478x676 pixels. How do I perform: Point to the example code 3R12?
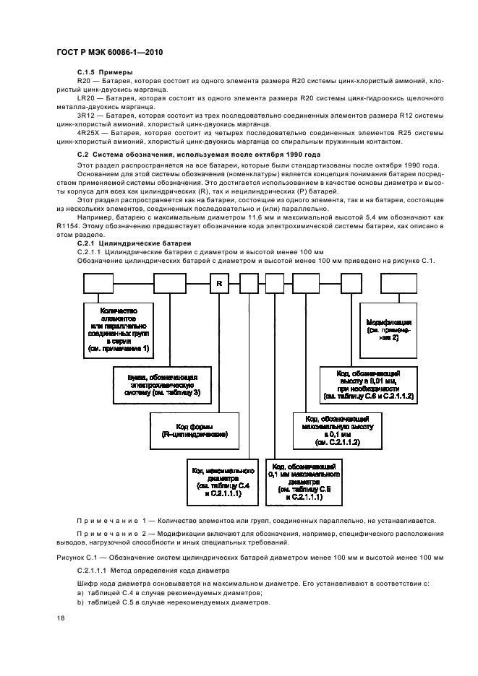(85, 115)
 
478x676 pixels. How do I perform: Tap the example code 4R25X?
(88, 134)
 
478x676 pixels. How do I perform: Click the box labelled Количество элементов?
(118, 329)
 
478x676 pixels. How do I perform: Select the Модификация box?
(389, 329)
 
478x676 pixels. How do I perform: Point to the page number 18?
(60, 619)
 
